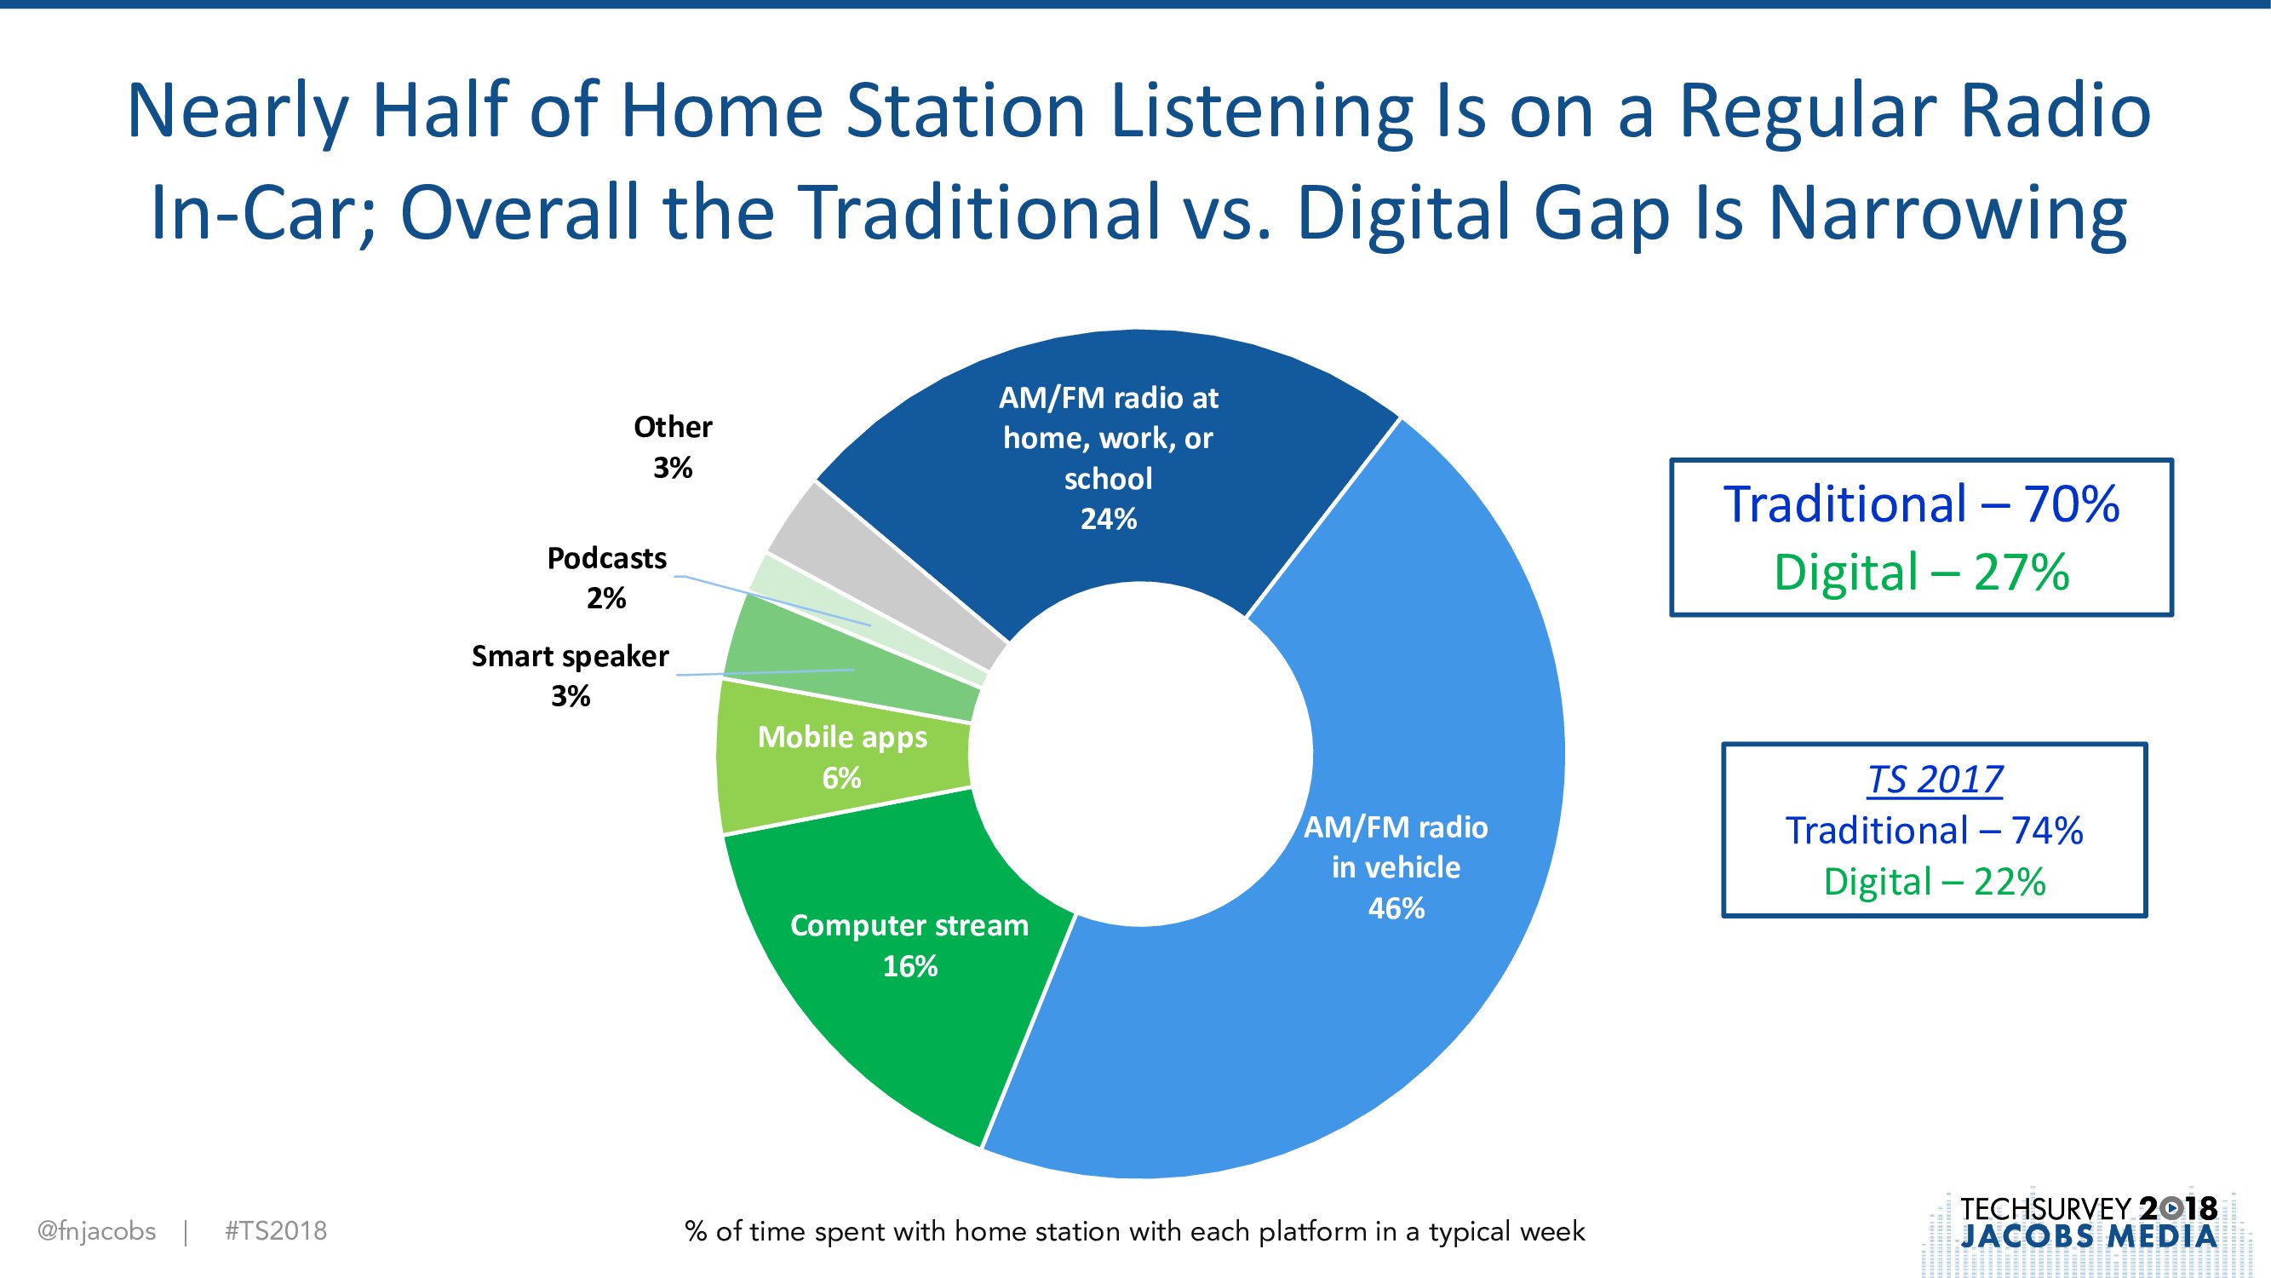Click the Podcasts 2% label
click(x=606, y=578)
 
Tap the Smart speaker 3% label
click(x=571, y=676)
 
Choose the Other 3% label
click(x=673, y=446)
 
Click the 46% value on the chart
click(x=1396, y=907)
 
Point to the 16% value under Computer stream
click(x=909, y=966)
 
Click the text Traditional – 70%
click(x=1922, y=504)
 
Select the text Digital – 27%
click(x=1922, y=573)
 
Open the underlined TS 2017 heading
click(x=1936, y=780)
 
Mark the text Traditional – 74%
click(x=1936, y=831)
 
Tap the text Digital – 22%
click(x=1936, y=882)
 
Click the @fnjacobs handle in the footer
click(x=97, y=1231)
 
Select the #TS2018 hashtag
click(x=276, y=1231)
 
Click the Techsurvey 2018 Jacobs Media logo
click(x=2089, y=1223)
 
